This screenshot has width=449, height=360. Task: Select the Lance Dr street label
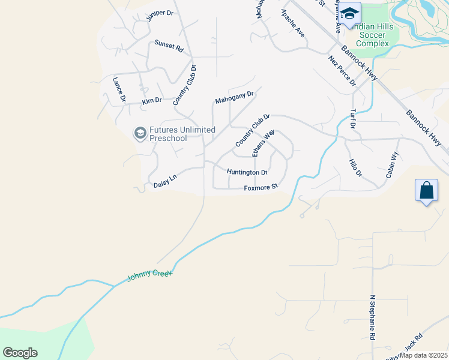(119, 89)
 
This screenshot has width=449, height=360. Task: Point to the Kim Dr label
(152, 101)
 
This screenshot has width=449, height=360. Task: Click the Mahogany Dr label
(235, 97)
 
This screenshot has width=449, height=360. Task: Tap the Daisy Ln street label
(165, 179)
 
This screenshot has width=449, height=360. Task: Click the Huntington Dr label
(247, 172)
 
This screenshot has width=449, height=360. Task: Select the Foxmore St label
(261, 187)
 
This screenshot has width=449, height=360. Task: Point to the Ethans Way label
(264, 143)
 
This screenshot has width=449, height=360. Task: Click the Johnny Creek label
(149, 276)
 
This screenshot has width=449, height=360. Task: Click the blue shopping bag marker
(426, 191)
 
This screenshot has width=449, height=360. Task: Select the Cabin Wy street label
(392, 165)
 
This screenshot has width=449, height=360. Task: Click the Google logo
(20, 353)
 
